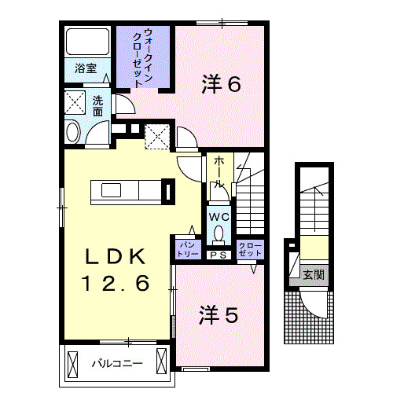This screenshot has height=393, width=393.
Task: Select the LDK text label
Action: [x=116, y=256]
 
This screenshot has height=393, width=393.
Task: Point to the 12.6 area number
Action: [x=116, y=283]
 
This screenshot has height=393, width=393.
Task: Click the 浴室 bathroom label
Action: [x=86, y=68]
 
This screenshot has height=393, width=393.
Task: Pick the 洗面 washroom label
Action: [x=97, y=106]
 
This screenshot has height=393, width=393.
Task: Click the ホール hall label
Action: [x=218, y=172]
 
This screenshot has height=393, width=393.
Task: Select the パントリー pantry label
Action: [x=186, y=249]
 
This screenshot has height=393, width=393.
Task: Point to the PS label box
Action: [x=218, y=255]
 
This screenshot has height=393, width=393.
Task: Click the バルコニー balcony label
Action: [x=116, y=365]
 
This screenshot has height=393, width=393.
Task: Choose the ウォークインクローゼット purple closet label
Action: [x=143, y=57]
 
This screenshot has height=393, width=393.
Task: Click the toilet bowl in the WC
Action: [x=219, y=233]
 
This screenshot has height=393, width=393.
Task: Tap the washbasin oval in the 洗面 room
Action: [x=72, y=132]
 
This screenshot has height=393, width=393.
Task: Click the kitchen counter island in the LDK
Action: [x=126, y=191]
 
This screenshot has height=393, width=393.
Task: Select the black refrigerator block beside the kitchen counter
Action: [x=167, y=191]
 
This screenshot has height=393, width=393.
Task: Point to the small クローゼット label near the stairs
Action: [x=251, y=249]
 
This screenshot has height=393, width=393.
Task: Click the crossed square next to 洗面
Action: [x=76, y=104]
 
